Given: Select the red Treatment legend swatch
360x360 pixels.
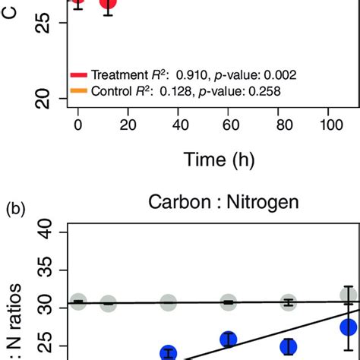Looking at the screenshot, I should coord(79,75).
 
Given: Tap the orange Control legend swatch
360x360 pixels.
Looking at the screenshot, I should coord(79,91).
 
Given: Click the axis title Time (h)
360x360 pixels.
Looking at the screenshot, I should coord(217,160).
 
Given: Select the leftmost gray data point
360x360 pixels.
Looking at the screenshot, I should coord(78,302).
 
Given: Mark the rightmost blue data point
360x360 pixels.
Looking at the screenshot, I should coord(349,327).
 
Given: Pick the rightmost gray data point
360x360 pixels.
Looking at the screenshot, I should coord(349,295).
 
